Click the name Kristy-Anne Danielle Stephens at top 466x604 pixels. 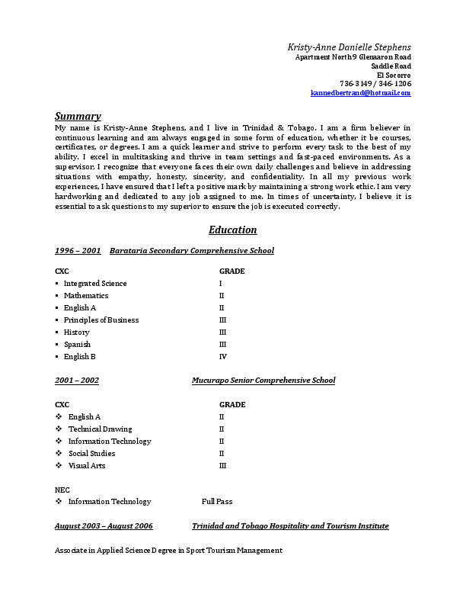[349, 47]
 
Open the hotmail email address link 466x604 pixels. [360, 92]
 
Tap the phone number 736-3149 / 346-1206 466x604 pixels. [375, 83]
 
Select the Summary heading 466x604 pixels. [78, 116]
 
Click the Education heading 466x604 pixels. [232, 230]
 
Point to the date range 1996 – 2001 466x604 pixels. [78, 250]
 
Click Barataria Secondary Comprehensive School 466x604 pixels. [191, 250]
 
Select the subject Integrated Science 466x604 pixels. [95, 284]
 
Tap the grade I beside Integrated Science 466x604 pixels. [221, 284]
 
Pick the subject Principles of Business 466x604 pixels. [101, 320]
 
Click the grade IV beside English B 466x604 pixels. [223, 357]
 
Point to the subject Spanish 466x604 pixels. [77, 345]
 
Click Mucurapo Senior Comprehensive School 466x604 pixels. [263, 380]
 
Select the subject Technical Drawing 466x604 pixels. [100, 429]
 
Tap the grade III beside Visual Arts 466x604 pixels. [223, 465]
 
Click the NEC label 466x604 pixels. [62, 489]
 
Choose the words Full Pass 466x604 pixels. [217, 502]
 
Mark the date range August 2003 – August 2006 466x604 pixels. [104, 526]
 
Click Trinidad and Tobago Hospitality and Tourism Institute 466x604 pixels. [290, 526]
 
